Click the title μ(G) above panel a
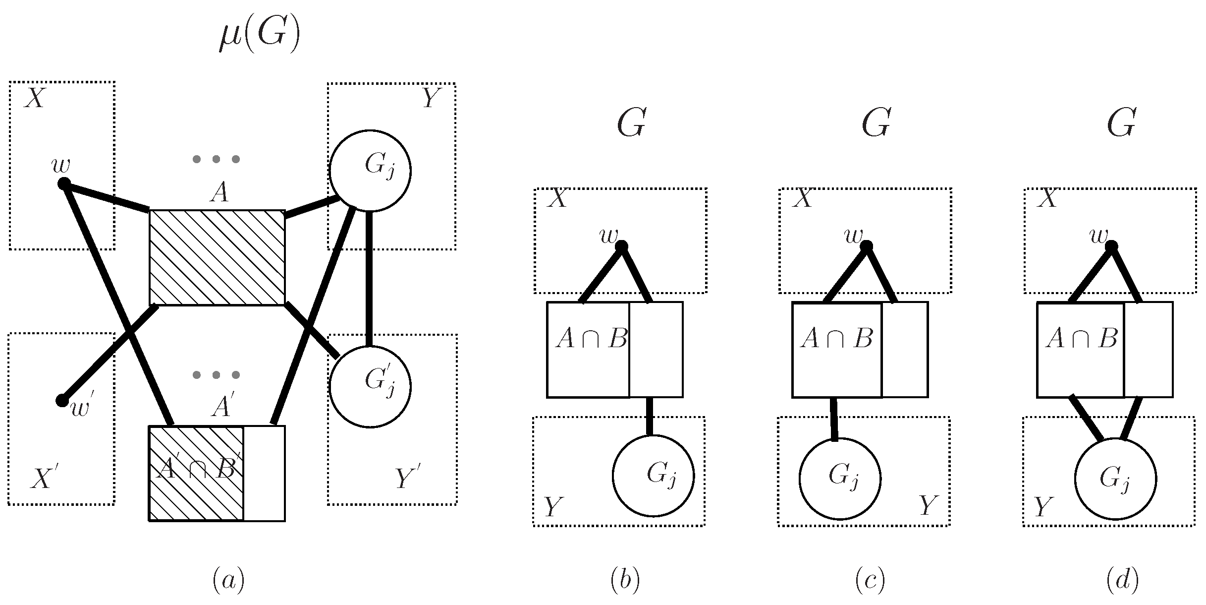click(260, 37)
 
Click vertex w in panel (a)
click(63, 184)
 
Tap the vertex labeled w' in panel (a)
click(62, 400)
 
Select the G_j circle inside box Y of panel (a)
click(370, 171)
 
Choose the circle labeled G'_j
click(370, 386)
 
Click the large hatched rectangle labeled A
click(217, 257)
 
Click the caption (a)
click(228, 581)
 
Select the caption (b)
click(625, 581)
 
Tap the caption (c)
click(870, 581)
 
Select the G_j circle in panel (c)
click(840, 479)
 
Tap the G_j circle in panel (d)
click(1115, 479)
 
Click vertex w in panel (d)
click(1112, 246)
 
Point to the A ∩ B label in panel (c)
click(836, 339)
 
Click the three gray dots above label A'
click(216, 375)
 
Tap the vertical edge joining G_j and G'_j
click(369, 278)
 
